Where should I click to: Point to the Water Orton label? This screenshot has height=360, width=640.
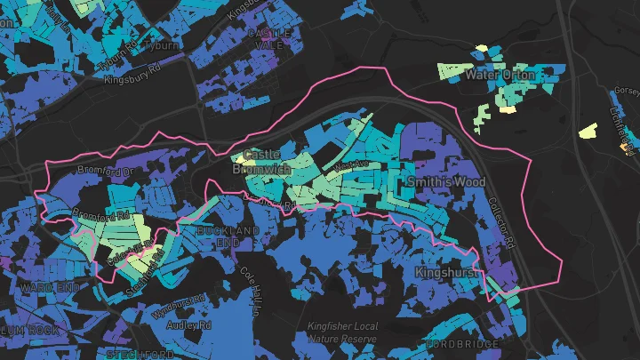pyautogui.click(x=500, y=76)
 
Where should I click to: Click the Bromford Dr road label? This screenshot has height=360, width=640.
pyautogui.click(x=104, y=169)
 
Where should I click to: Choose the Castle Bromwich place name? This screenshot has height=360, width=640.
pyautogui.click(x=255, y=162)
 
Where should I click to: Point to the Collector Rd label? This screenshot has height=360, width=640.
pyautogui.click(x=501, y=222)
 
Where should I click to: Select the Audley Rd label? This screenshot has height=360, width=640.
pyautogui.click(x=190, y=326)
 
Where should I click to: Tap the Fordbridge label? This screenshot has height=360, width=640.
pyautogui.click(x=457, y=344)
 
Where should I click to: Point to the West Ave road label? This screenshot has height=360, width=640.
pyautogui.click(x=352, y=164)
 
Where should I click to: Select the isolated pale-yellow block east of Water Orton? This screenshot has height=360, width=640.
pyautogui.click(x=588, y=131)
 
